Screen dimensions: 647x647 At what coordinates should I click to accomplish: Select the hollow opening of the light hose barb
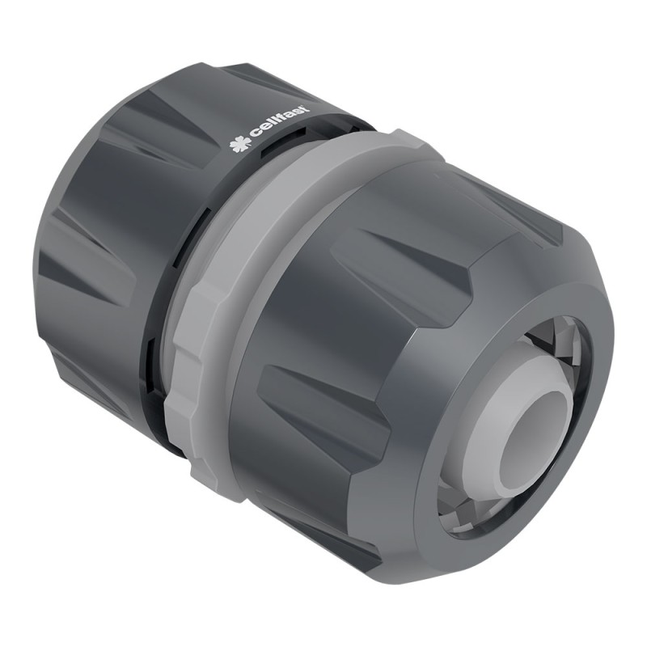pos(530,443)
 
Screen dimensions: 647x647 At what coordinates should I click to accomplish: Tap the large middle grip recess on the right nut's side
pos(323,396)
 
